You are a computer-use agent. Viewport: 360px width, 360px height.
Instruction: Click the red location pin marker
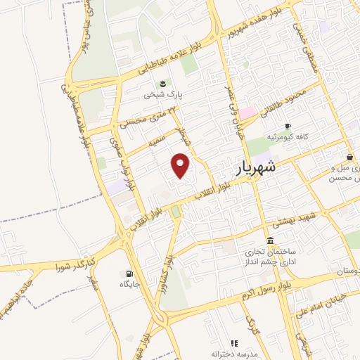[x=181, y=166]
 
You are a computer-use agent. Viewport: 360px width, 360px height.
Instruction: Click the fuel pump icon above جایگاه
[x=129, y=274]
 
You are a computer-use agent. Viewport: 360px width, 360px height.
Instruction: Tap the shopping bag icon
[x=349, y=157]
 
